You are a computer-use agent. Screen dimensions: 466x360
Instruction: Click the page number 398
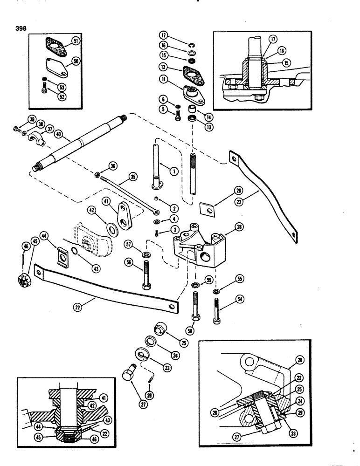click(21, 27)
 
